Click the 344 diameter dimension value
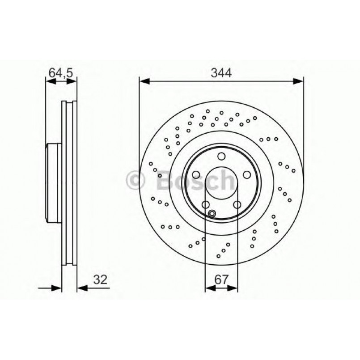(x=222, y=73)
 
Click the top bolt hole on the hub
(x=221, y=156)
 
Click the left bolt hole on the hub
(x=196, y=175)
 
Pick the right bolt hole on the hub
(x=246, y=175)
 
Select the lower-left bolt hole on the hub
(x=206, y=204)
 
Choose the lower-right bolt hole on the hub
(x=237, y=204)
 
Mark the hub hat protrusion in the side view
(x=53, y=183)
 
